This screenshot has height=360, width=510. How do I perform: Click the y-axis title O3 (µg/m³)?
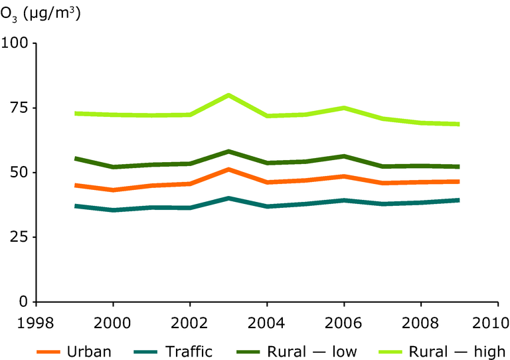(41, 13)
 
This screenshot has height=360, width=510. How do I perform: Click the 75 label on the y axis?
(19, 108)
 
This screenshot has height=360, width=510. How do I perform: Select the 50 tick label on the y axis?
(19, 173)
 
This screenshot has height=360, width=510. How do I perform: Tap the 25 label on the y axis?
(19, 237)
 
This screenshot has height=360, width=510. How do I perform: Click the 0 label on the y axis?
(24, 302)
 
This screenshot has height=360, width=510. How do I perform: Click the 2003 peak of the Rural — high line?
(228, 95)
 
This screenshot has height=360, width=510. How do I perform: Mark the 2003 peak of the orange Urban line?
(228, 169)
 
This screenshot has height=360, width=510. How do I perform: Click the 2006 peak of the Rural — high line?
(343, 108)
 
